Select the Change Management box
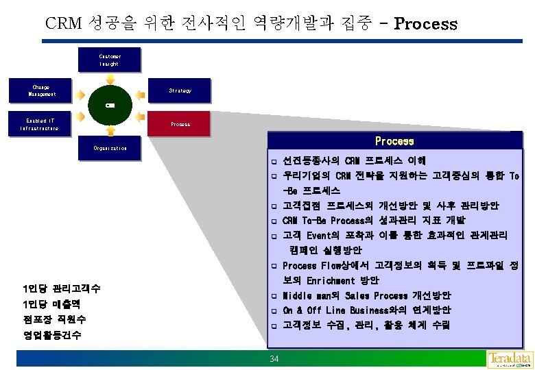[40, 90]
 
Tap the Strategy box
[180, 90]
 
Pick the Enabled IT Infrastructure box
[40, 124]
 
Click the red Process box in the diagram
[180, 124]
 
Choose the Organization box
[110, 148]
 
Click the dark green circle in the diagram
[110, 106]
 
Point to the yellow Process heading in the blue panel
[394, 141]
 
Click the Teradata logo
[509, 359]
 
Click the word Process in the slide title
[425, 24]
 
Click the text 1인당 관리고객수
[61, 288]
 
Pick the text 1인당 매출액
[51, 304]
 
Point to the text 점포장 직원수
[54, 319]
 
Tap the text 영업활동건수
[51, 335]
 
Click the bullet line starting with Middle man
[366, 295]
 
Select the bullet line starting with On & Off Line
[366, 310]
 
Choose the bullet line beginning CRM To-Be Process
[374, 221]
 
